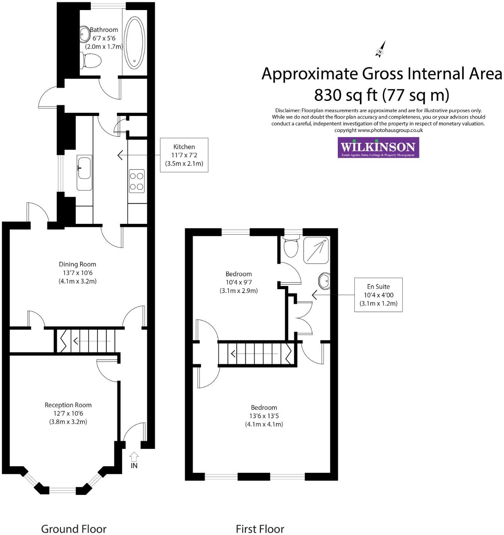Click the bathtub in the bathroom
[x=135, y=43]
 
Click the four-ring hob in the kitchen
[x=137, y=181]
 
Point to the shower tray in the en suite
[x=316, y=250]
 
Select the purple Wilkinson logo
[x=378, y=147]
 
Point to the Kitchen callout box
[x=184, y=155]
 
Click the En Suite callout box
[x=378, y=295]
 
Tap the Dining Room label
[x=77, y=264]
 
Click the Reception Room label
[x=68, y=405]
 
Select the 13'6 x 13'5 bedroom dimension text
[x=264, y=416]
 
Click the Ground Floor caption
[x=73, y=529]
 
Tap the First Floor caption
[x=260, y=529]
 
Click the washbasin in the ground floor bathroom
[x=84, y=34]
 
